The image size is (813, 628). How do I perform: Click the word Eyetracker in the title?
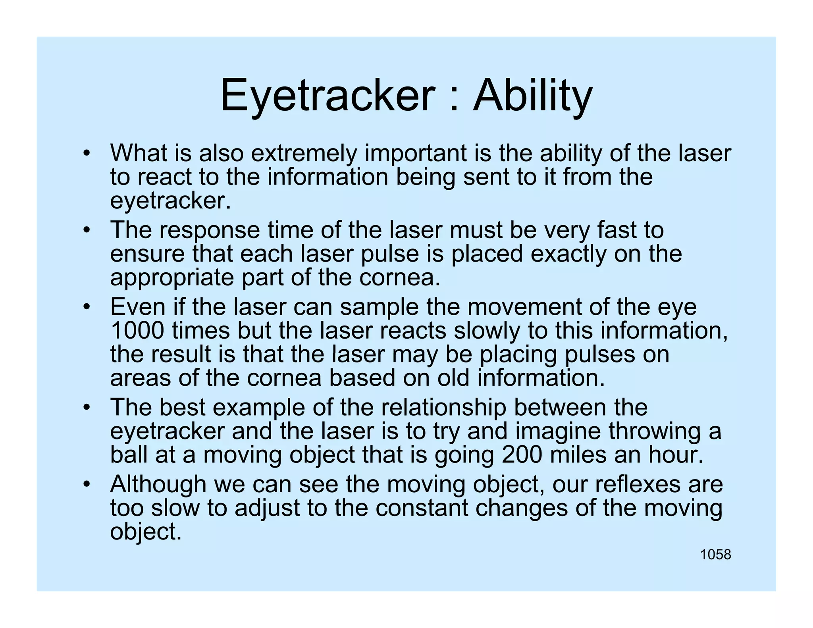click(328, 96)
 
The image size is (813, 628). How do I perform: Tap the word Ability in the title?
click(533, 96)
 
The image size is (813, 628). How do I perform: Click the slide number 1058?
click(715, 555)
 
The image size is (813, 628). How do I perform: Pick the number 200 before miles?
click(522, 455)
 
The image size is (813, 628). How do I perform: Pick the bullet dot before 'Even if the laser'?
click(87, 308)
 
